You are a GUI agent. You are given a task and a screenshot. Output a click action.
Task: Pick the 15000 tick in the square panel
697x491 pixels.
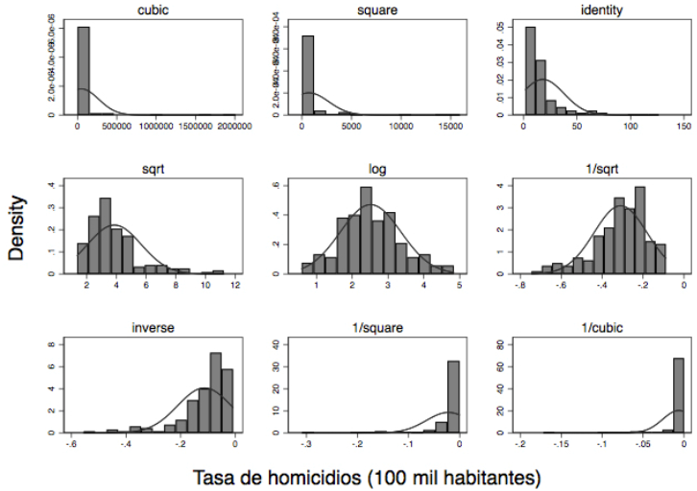click(450, 126)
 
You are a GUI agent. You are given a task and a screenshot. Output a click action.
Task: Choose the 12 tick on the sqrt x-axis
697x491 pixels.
click(235, 286)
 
